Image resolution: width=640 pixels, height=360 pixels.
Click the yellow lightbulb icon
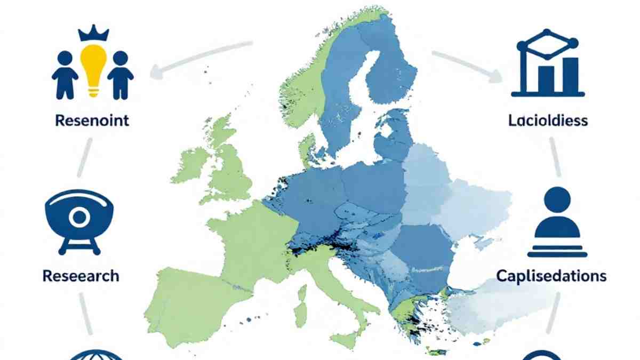(x=93, y=67)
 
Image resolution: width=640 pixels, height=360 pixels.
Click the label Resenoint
(x=92, y=120)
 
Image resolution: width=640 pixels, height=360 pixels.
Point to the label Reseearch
(x=81, y=276)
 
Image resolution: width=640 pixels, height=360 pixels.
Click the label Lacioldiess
(x=548, y=120)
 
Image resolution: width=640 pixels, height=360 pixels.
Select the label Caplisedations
(x=551, y=276)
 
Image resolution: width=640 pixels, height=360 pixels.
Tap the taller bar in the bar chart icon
(x=570, y=75)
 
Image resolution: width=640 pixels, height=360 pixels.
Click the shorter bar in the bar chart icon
(x=546, y=79)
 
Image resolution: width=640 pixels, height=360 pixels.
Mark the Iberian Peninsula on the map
(x=192, y=293)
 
